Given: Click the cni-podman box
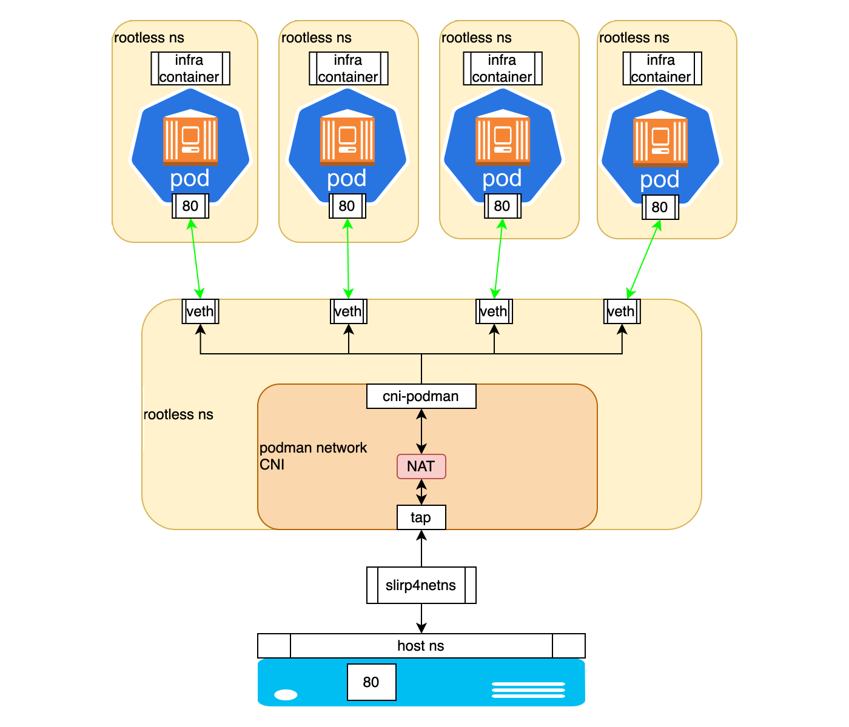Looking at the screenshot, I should (421, 396).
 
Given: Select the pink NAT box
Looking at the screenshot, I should (421, 466).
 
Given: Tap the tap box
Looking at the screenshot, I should (421, 517).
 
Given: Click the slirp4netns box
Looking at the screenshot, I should (421, 585).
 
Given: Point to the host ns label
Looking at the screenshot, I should (421, 646).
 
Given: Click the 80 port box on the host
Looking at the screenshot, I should (371, 682).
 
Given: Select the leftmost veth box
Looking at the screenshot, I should (200, 311).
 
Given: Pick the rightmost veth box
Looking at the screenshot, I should (622, 311).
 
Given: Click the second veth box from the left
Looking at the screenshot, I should (348, 311).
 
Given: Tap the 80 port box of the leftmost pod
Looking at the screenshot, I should (190, 206).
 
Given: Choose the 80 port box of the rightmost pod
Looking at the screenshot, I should (660, 207).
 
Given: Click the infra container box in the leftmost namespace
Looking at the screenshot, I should (190, 68).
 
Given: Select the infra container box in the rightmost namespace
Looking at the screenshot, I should (662, 68).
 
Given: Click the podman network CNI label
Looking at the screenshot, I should (313, 456).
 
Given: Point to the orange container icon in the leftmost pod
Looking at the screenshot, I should (190, 141).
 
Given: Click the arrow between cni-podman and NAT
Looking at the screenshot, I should (421, 431).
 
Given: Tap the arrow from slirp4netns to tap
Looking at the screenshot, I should (421, 548).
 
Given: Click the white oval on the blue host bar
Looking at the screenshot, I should (286, 694).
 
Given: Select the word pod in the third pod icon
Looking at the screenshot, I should (502, 179).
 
